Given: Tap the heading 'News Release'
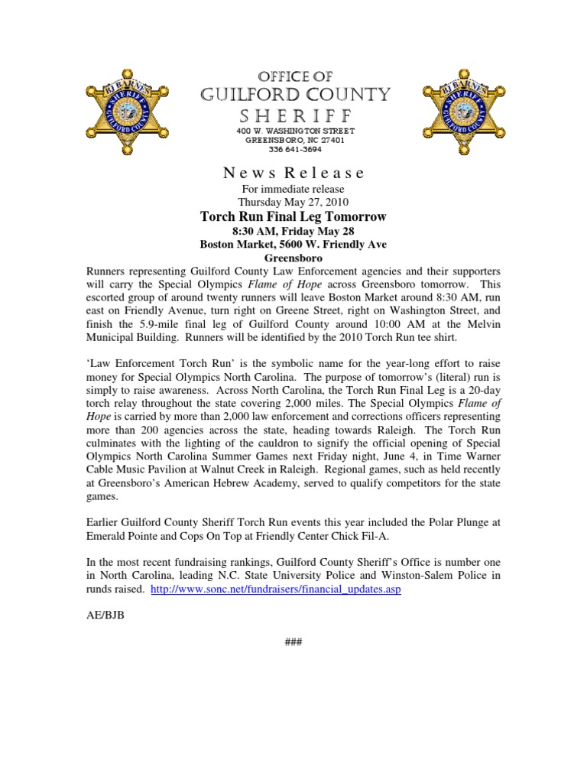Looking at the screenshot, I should pos(293,173).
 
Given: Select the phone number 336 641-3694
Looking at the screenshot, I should pos(294,150).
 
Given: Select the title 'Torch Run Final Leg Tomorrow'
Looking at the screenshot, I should pos(293,217).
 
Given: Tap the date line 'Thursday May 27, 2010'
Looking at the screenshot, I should pos(293,203).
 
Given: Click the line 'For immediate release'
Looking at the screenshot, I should pos(293,189).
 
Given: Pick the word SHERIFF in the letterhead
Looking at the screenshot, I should pos(294,115).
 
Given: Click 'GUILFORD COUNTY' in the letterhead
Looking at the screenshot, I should pos(294,95).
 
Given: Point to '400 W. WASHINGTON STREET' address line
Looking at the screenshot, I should pos(294,132).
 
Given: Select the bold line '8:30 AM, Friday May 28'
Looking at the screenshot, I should pos(293,231).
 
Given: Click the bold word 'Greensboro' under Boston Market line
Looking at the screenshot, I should pos(293,258).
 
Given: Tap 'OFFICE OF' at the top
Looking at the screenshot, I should pos(294,76).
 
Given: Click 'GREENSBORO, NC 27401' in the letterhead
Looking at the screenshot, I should pos(294,141).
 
